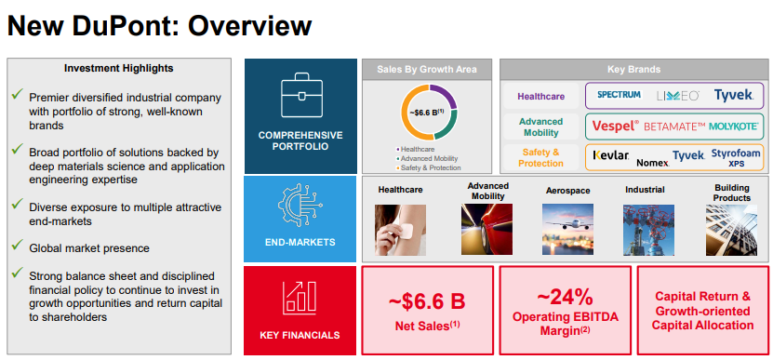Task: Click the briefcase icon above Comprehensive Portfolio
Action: [x=301, y=95]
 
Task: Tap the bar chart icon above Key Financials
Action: [x=300, y=298]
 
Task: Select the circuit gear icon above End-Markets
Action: [x=300, y=204]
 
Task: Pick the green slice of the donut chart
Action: [x=446, y=125]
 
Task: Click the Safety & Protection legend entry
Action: [x=428, y=167]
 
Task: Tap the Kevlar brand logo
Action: [x=611, y=156]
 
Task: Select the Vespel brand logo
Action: [x=615, y=127]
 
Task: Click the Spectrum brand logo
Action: [x=619, y=94]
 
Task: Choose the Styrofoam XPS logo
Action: [x=736, y=158]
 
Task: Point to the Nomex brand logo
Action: [x=653, y=162]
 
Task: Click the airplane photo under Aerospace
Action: [x=567, y=230]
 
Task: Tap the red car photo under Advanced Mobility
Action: [x=486, y=230]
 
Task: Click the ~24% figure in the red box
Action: [x=565, y=298]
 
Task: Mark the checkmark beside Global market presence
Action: [x=18, y=244]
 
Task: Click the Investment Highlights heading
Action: [x=119, y=68]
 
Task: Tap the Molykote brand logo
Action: [x=734, y=127]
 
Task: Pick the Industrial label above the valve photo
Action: [x=645, y=190]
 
